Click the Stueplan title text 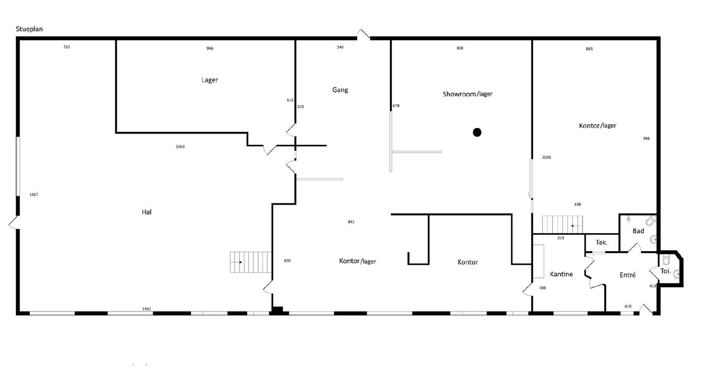pyautogui.click(x=29, y=29)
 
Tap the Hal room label pyautogui.click(x=146, y=212)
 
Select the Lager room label pyautogui.click(x=210, y=80)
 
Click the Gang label pyautogui.click(x=340, y=90)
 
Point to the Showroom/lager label pyautogui.click(x=468, y=94)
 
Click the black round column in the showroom pyautogui.click(x=477, y=132)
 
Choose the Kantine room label pyautogui.click(x=561, y=274)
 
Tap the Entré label pyautogui.click(x=628, y=275)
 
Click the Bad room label pyautogui.click(x=638, y=231)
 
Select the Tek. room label pyautogui.click(x=602, y=242)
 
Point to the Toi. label pyautogui.click(x=665, y=271)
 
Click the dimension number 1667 pyautogui.click(x=34, y=194)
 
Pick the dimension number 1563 pyautogui.click(x=180, y=146)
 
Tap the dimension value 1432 pyautogui.click(x=146, y=309)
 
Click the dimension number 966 pyautogui.click(x=210, y=48)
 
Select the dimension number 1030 pyautogui.click(x=546, y=157)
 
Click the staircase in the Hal pyautogui.click(x=250, y=262)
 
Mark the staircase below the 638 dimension pyautogui.click(x=562, y=225)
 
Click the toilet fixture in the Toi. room pyautogui.click(x=666, y=259)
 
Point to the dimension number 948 pyautogui.click(x=646, y=139)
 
